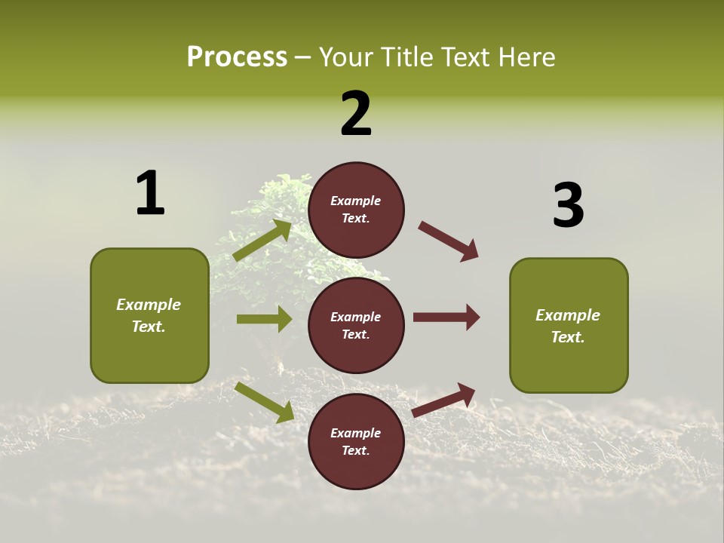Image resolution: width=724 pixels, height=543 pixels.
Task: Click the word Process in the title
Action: click(x=237, y=57)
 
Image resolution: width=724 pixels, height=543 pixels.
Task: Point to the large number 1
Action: click(x=150, y=193)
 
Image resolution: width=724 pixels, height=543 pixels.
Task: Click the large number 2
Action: click(x=356, y=114)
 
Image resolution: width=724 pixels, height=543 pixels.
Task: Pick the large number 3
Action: click(x=569, y=206)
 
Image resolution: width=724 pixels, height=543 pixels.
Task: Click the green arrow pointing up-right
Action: click(x=263, y=241)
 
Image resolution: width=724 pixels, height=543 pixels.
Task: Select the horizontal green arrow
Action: click(x=264, y=319)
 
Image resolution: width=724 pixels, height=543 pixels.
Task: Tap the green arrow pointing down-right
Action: click(x=265, y=402)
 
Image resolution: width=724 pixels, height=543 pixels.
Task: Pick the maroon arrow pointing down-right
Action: click(x=449, y=241)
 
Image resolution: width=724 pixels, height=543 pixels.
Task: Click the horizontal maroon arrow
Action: click(x=446, y=317)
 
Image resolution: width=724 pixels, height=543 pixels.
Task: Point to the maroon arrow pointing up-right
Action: click(x=444, y=400)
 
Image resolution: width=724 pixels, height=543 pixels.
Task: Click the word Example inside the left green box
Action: click(x=149, y=305)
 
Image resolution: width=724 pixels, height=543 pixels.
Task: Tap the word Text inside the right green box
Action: click(x=567, y=337)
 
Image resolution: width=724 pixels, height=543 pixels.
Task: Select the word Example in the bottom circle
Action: click(x=356, y=433)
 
